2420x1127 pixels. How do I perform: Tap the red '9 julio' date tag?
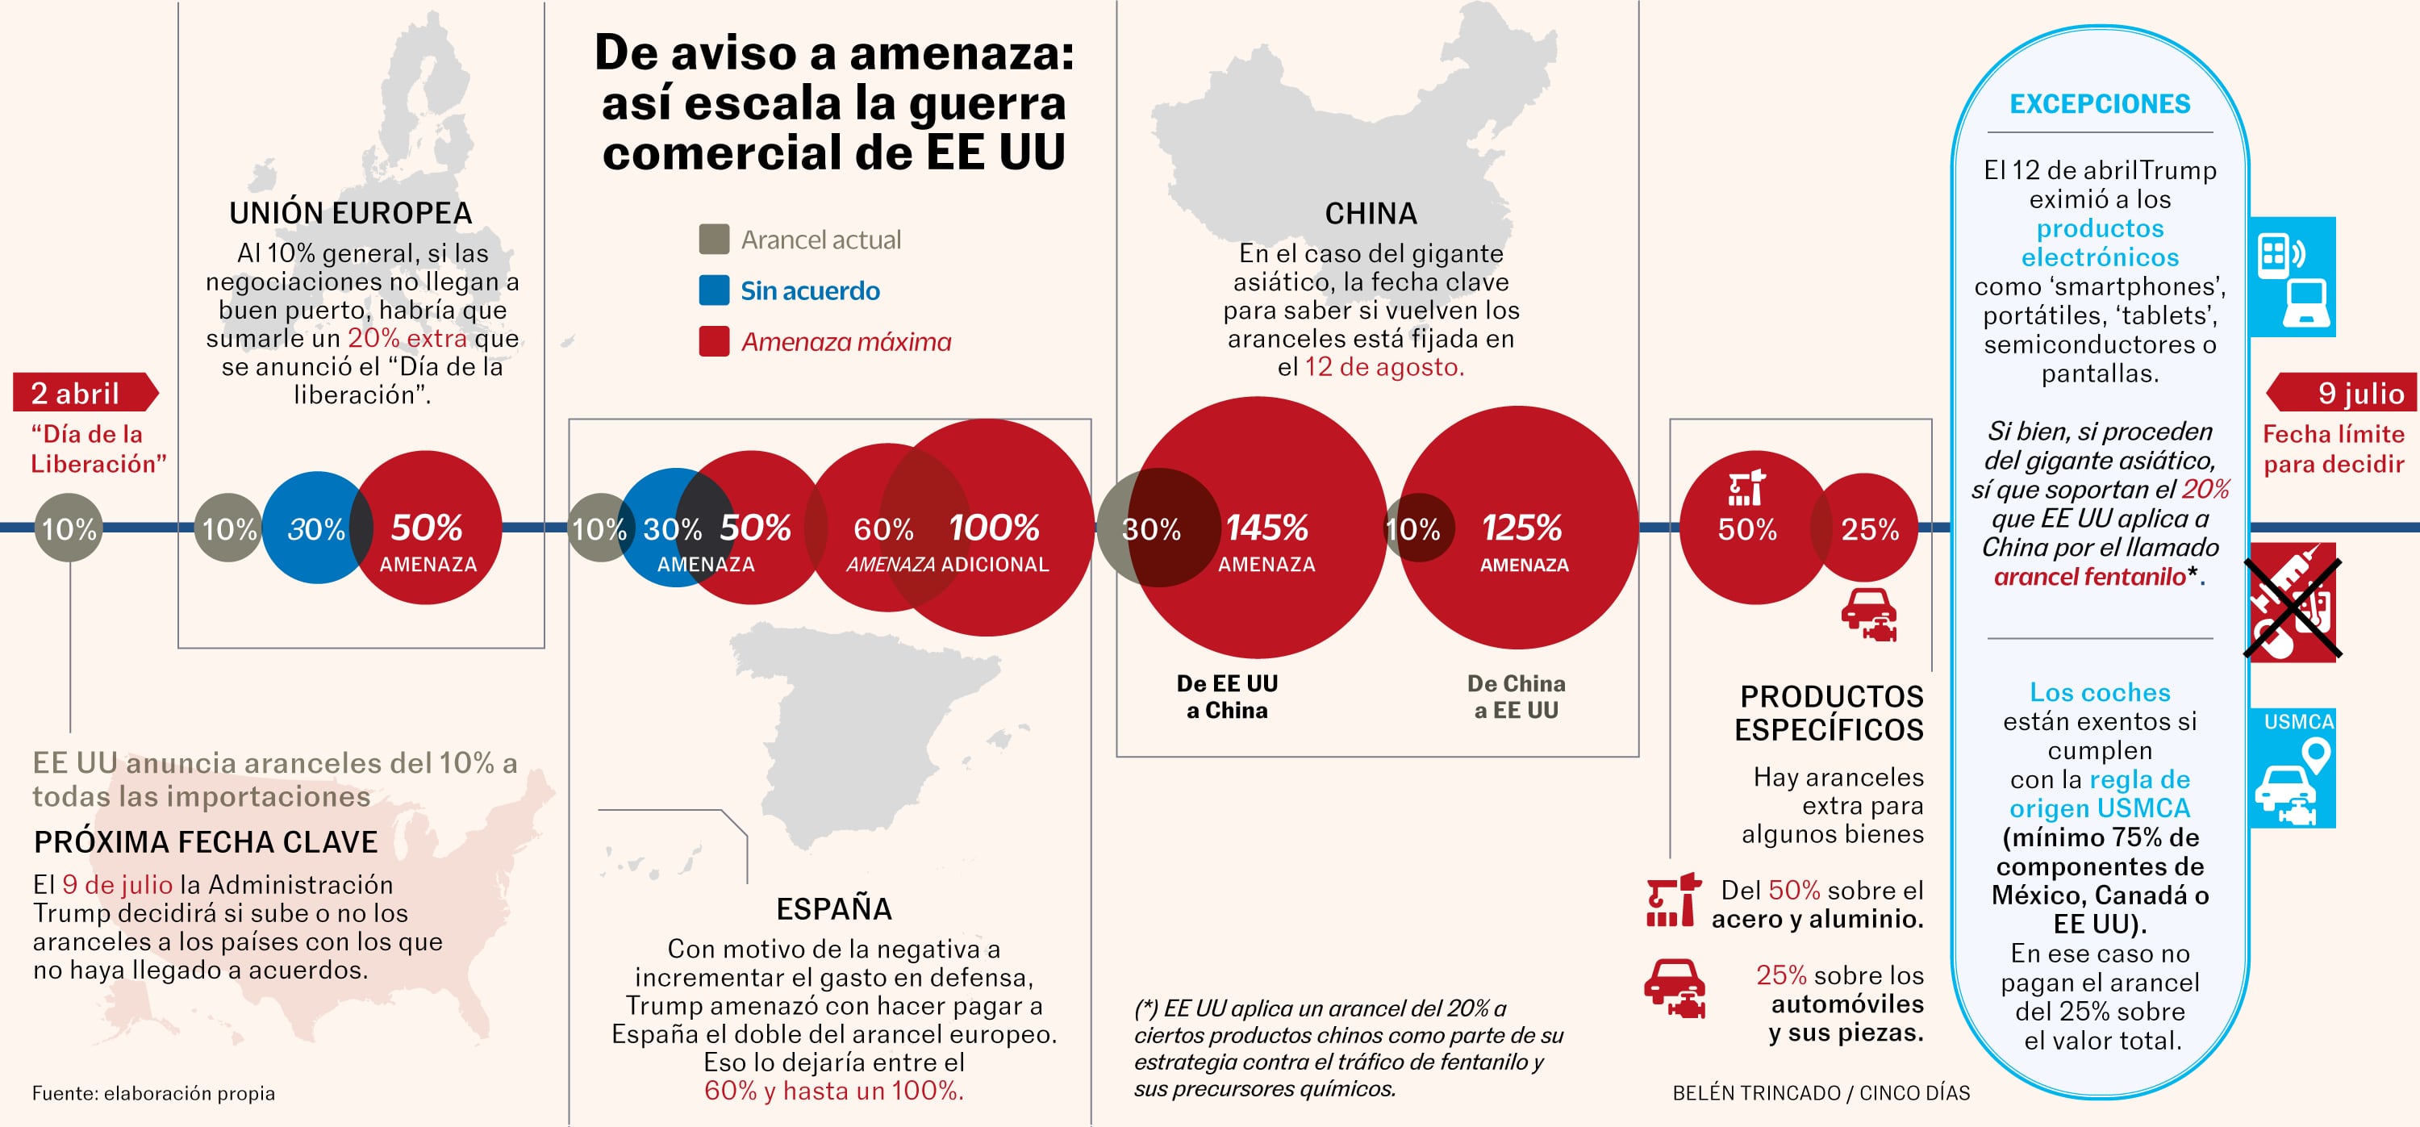pyautogui.click(x=2345, y=393)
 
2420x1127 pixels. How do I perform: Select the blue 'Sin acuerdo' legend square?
pyautogui.click(x=714, y=290)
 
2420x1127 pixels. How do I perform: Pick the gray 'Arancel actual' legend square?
pyautogui.click(x=714, y=240)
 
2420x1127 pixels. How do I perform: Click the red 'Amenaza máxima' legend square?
pyautogui.click(x=714, y=341)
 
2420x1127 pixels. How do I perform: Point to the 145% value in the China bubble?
pyautogui.click(x=1266, y=528)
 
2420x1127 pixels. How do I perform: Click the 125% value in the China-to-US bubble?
pyautogui.click(x=1522, y=528)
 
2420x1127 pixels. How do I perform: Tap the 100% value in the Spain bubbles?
pyautogui.click(x=994, y=528)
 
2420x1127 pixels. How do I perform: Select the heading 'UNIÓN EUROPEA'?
pyautogui.click(x=350, y=213)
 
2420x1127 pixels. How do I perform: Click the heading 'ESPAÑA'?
pyautogui.click(x=833, y=908)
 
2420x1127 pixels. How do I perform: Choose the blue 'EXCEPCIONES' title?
pyautogui.click(x=2100, y=103)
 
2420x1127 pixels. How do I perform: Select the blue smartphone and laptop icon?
pyautogui.click(x=2293, y=277)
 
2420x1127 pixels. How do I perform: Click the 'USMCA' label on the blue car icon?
pyautogui.click(x=2298, y=721)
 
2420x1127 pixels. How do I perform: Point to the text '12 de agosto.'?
pyautogui.click(x=1383, y=367)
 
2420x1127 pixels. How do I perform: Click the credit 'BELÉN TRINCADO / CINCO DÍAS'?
pyautogui.click(x=1821, y=1093)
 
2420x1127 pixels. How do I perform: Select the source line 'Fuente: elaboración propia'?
pyautogui.click(x=153, y=1093)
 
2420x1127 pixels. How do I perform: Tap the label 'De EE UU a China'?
pyautogui.click(x=1227, y=697)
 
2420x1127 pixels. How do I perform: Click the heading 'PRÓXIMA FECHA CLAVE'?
pyautogui.click(x=206, y=841)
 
